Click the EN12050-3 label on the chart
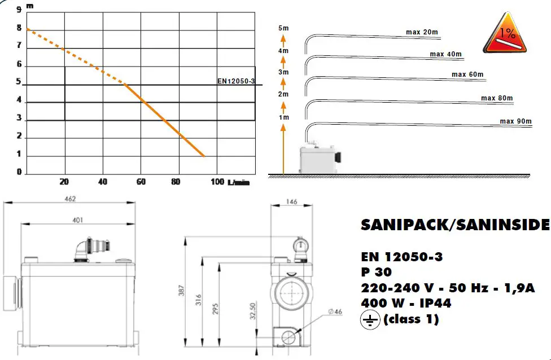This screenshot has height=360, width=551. tap(236, 81)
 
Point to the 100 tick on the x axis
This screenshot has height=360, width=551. tap(217, 182)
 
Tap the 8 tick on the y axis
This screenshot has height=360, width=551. tap(19, 28)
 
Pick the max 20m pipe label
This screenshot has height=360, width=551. tap(422, 32)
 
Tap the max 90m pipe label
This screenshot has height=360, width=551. tap(515, 121)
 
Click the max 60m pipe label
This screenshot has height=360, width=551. tap(467, 74)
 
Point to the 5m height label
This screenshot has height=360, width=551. tap(283, 28)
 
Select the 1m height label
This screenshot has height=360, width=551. tap(283, 117)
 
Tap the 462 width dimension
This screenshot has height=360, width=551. tap(69, 199)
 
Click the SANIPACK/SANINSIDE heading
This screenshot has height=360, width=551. tap(454, 225)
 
